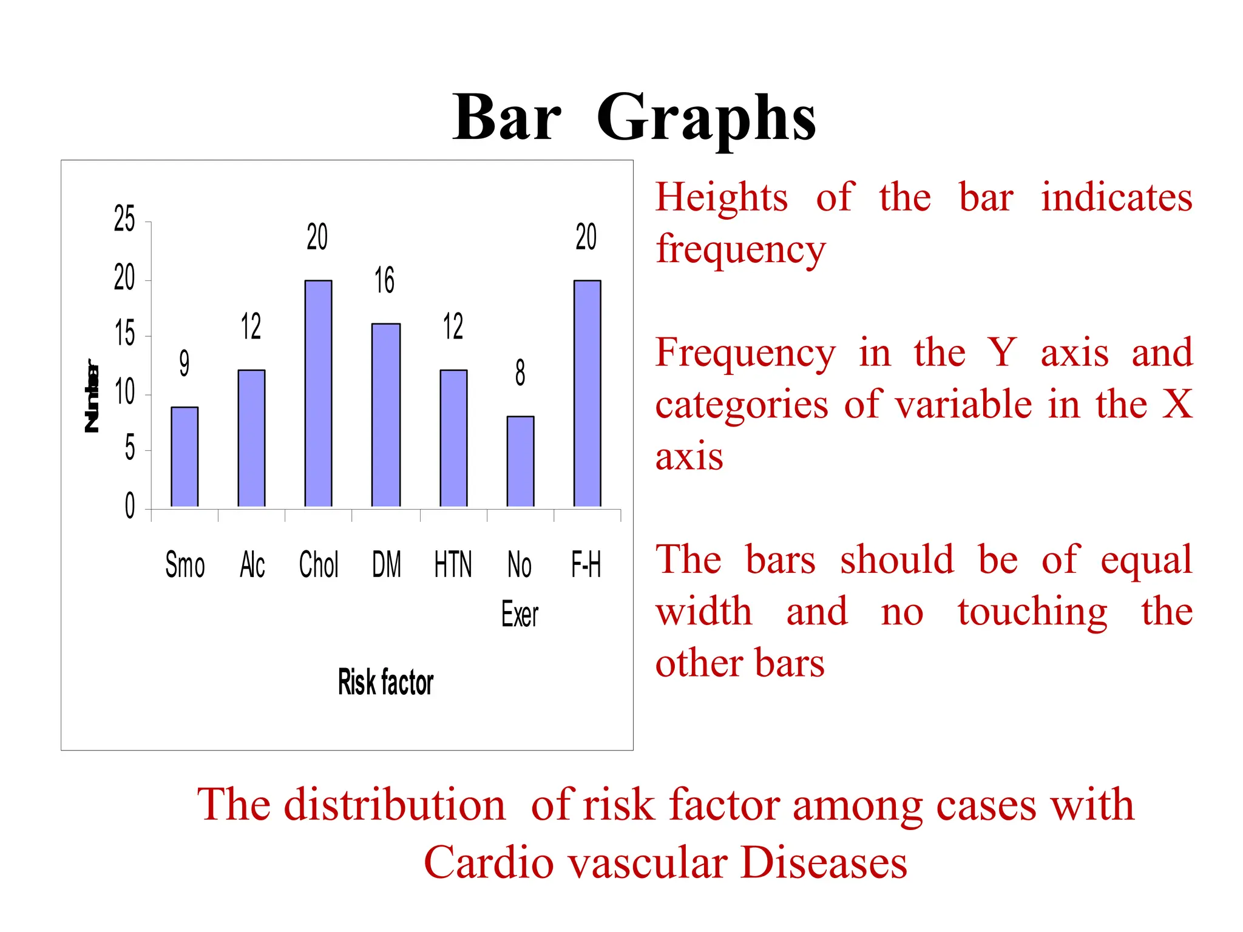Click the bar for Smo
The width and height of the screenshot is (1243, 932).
(x=185, y=456)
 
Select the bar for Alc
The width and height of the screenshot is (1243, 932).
(x=251, y=438)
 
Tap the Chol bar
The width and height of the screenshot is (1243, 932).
(x=318, y=393)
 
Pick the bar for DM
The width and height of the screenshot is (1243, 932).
(x=386, y=415)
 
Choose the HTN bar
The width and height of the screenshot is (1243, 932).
(x=453, y=438)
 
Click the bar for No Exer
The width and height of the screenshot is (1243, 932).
(x=520, y=461)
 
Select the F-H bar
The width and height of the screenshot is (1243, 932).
(x=587, y=393)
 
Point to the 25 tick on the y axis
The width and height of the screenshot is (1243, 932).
(x=124, y=219)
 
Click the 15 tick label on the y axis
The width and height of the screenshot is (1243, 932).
(x=124, y=334)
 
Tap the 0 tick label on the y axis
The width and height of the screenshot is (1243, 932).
(x=129, y=506)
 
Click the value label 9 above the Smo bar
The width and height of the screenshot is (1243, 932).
(x=184, y=363)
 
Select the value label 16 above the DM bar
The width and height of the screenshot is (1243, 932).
(x=384, y=280)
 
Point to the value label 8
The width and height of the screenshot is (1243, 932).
(x=520, y=373)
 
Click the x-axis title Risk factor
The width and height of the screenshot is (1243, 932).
(x=385, y=682)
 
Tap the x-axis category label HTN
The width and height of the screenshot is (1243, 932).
(x=453, y=564)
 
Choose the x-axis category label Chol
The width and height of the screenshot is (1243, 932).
(x=319, y=564)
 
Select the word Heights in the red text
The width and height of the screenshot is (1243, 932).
(x=722, y=198)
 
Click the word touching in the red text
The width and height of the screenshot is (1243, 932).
(x=1032, y=612)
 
